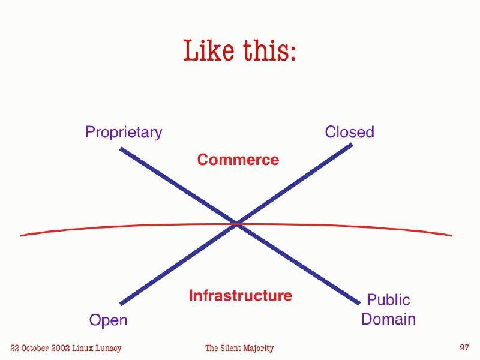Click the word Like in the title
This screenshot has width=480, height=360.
209,50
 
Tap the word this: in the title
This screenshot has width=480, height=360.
269,50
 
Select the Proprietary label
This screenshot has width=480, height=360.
124,132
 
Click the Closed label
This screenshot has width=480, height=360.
349,132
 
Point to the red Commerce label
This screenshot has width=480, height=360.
238,160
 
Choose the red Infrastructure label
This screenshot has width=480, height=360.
241,295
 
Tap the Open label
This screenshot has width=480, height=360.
108,320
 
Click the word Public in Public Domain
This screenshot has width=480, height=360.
388,299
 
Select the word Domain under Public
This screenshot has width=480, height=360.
388,319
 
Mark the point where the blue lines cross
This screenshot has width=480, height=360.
237,224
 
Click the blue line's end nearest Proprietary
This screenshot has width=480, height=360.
121,148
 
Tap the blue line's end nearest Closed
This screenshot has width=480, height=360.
351,145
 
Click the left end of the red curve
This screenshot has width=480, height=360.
22,235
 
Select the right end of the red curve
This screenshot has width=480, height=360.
450,235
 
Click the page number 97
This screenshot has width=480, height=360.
464,347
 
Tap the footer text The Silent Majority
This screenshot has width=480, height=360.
239,348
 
